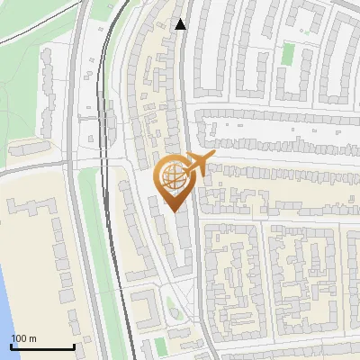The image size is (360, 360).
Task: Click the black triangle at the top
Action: (x=181, y=23)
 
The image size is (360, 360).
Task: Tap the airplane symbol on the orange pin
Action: (x=199, y=164)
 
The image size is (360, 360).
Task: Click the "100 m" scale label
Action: (x=23, y=338)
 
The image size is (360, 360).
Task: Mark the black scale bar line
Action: (x=42, y=346)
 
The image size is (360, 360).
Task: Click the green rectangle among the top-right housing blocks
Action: (x=288, y=54)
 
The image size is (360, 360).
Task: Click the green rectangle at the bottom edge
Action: (x=160, y=346)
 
